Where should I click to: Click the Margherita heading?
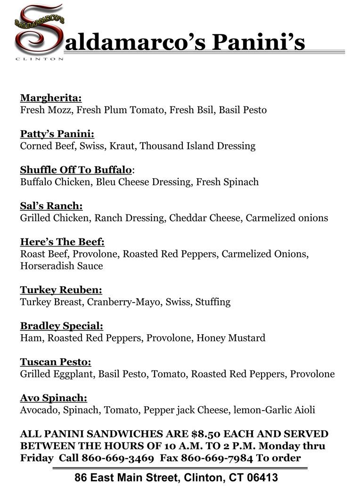click(x=50, y=98)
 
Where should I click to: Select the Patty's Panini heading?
click(x=57, y=134)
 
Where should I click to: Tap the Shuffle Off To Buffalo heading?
click(x=76, y=170)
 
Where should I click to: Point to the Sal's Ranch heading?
click(x=51, y=206)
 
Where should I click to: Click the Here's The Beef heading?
click(x=62, y=242)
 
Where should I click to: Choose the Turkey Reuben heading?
click(x=61, y=290)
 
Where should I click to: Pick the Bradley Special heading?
click(x=61, y=326)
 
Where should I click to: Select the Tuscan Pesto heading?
click(x=55, y=362)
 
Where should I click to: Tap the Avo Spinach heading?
click(x=53, y=398)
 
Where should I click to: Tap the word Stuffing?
click(x=213, y=302)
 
